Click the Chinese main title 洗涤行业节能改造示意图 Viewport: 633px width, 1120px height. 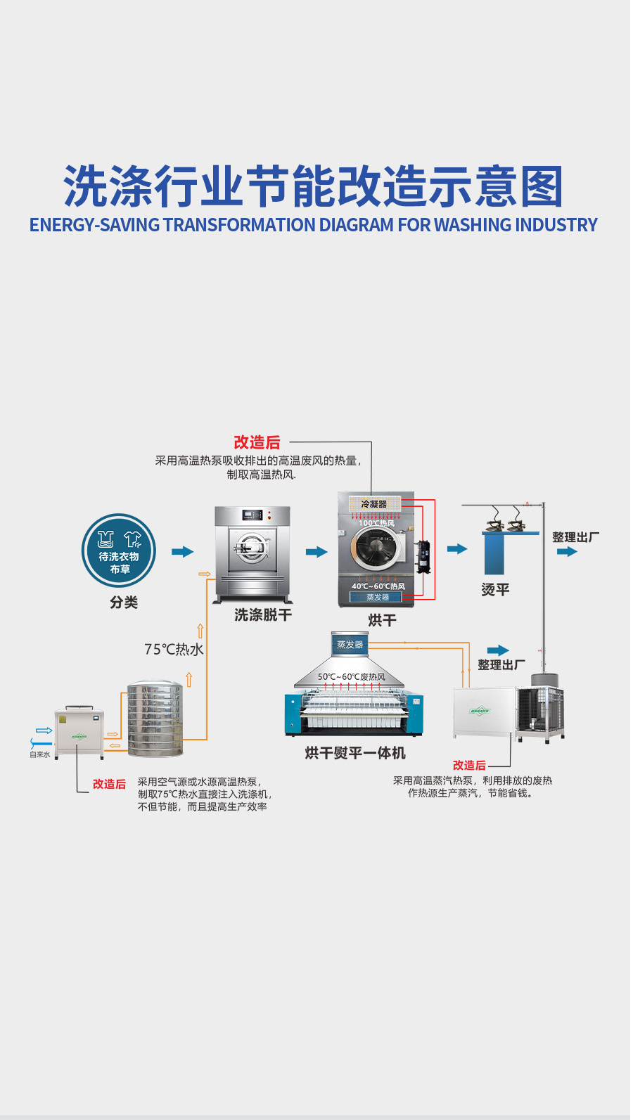click(314, 187)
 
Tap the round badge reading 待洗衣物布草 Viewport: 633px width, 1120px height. click(118, 551)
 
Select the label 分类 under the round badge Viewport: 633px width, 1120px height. click(124, 603)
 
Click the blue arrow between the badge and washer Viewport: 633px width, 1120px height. click(182, 552)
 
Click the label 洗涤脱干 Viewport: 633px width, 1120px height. click(263, 615)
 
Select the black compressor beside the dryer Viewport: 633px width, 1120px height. click(423, 556)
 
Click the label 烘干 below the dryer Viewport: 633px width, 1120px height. click(382, 620)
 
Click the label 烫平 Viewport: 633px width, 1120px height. click(495, 590)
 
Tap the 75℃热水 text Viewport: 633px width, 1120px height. click(174, 650)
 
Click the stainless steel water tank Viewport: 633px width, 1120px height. click(155, 718)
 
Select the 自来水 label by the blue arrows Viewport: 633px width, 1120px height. click(40, 754)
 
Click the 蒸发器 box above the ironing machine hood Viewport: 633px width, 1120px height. click(350, 645)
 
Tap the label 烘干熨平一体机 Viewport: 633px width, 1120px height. click(355, 753)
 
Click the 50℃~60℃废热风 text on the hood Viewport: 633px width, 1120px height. click(351, 677)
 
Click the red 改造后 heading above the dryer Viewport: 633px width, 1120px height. click(257, 442)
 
